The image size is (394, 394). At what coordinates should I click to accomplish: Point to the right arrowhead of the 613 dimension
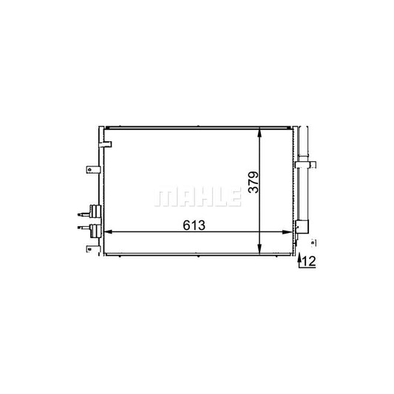[290, 232]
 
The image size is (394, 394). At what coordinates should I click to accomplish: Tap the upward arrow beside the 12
[300, 259]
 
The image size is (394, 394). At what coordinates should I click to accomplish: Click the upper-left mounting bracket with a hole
[92, 169]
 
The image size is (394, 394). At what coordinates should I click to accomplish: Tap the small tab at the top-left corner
[106, 142]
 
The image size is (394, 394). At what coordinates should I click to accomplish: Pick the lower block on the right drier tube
[302, 225]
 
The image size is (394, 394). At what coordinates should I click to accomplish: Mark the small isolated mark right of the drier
[313, 242]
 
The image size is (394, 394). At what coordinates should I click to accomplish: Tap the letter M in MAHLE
[163, 197]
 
